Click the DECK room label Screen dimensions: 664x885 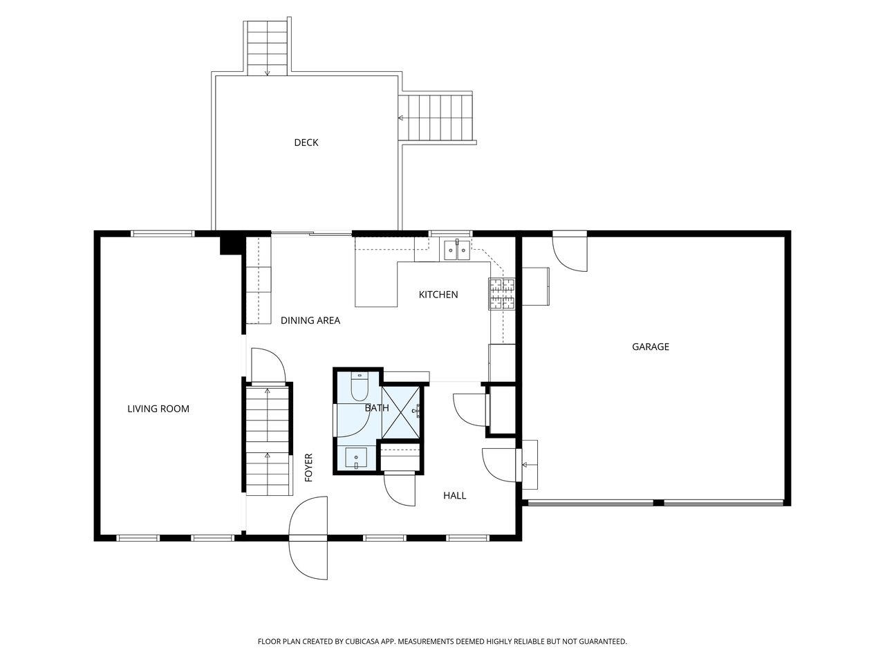(306, 142)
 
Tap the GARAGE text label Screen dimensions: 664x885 (650, 347)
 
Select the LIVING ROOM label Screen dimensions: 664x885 (158, 409)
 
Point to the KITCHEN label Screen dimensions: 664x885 (438, 295)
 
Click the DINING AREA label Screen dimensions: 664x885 (310, 320)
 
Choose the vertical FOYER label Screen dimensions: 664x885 (309, 468)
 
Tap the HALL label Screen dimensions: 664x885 (454, 495)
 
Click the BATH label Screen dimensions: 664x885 (377, 408)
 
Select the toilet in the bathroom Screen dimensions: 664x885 (360, 387)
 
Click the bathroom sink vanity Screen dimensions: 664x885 (357, 458)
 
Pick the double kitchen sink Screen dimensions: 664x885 (456, 249)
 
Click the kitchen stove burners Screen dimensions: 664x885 (502, 293)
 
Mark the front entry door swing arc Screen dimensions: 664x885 (309, 539)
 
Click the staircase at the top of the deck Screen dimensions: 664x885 (267, 47)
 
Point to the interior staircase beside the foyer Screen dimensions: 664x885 (267, 440)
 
